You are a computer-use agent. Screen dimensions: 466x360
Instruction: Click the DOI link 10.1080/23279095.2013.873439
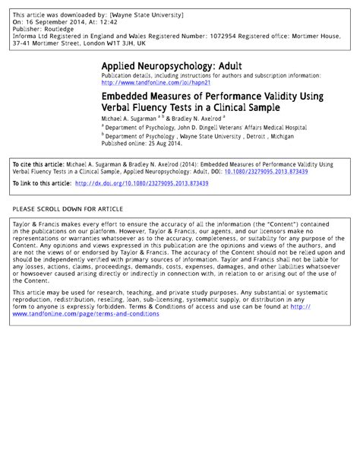pos(283,172)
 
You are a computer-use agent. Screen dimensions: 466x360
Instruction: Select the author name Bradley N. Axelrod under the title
pos(191,120)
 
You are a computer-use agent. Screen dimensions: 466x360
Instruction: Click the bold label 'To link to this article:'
pos(42,183)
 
